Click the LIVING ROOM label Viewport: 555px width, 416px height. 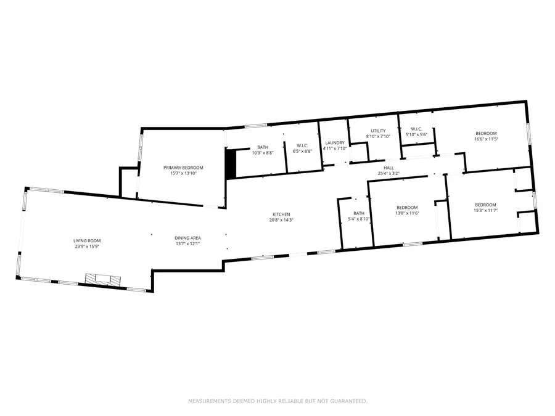pos(87,241)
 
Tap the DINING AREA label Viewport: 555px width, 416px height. pos(187,238)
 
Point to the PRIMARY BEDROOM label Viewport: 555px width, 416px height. pos(183,168)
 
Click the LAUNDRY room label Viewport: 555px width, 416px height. pos(335,143)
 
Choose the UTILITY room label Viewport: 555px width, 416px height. pos(378,131)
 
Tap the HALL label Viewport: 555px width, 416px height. pos(388,168)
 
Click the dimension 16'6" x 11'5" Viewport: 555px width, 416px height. pos(485,139)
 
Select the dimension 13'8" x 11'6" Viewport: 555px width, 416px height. pos(407,213)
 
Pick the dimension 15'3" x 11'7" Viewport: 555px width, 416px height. pos(485,211)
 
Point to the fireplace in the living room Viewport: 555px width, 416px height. pos(98,279)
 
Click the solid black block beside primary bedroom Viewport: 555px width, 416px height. pos(231,165)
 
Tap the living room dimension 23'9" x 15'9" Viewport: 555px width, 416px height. pos(87,247)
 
